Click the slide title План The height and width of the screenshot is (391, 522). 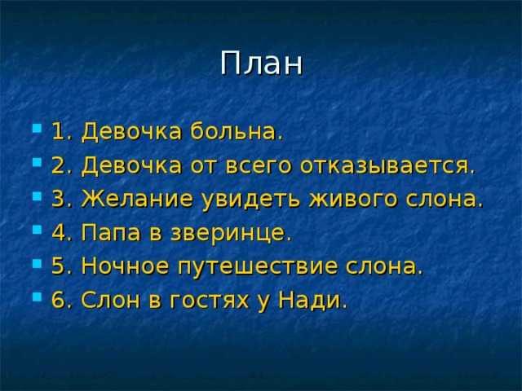click(x=261, y=64)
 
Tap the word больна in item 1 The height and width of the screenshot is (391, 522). click(x=237, y=130)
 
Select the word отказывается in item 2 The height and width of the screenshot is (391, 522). click(x=387, y=165)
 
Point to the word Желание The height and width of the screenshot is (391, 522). click(x=137, y=199)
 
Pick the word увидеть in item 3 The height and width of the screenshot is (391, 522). click(x=251, y=199)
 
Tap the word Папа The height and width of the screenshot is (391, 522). click(x=111, y=233)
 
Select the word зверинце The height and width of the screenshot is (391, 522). click(x=231, y=233)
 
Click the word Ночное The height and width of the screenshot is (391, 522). click(x=125, y=266)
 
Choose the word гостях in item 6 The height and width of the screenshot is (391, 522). click(x=209, y=300)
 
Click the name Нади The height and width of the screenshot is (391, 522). click(x=312, y=300)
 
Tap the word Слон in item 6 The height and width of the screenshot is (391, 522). click(x=110, y=300)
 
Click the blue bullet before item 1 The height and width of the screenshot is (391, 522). click(x=37, y=129)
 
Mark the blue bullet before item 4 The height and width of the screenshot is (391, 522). click(x=37, y=230)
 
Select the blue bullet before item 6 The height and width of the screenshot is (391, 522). click(x=37, y=297)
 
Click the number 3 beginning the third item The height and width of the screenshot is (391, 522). click(x=58, y=199)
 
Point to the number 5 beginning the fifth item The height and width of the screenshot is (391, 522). click(x=58, y=266)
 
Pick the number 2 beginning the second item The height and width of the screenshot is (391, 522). click(x=58, y=165)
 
